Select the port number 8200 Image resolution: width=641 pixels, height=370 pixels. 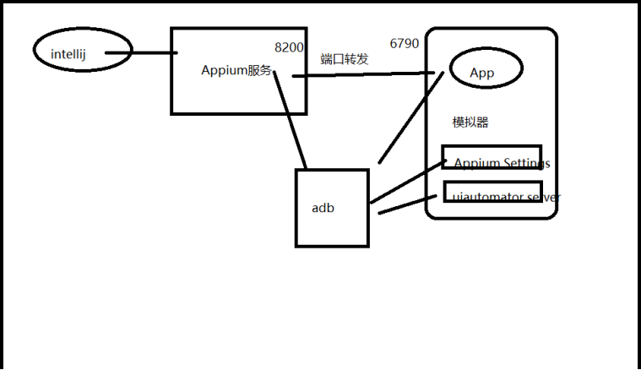click(289, 47)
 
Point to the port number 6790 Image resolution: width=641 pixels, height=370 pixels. click(404, 43)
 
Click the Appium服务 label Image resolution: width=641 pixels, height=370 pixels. click(236, 71)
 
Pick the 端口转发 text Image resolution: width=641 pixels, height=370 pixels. click(345, 59)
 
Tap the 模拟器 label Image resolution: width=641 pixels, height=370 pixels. click(470, 122)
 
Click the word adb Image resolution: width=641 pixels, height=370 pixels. click(323, 207)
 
